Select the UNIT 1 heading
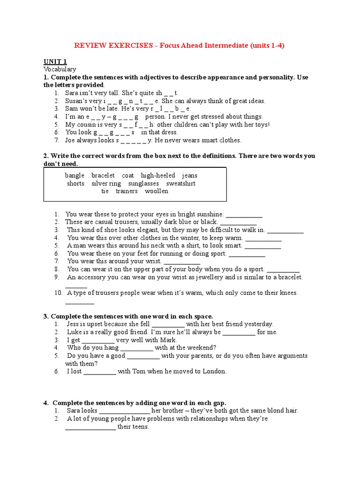tap(55, 61)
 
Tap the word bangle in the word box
tap(75, 175)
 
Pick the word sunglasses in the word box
tap(143, 183)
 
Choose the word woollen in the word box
tap(156, 191)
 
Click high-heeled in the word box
tap(158, 175)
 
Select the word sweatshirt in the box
tap(180, 183)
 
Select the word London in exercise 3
tap(214, 371)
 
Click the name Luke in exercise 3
tap(73, 332)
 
